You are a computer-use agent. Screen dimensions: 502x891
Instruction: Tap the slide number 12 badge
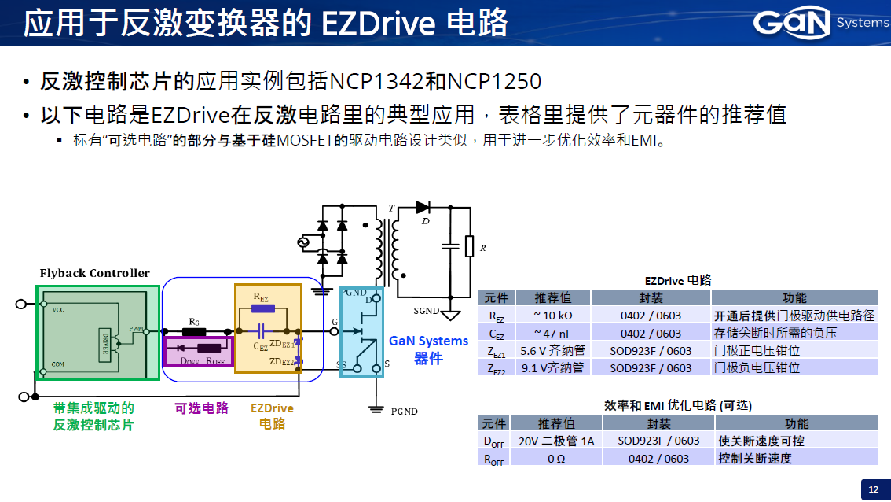click(x=873, y=489)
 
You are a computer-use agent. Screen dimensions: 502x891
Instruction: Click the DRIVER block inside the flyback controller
click(x=105, y=345)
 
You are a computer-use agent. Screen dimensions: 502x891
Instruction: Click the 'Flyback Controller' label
click(x=94, y=273)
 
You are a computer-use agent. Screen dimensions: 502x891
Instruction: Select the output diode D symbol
click(x=423, y=208)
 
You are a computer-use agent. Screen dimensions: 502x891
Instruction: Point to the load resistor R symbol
click(x=469, y=246)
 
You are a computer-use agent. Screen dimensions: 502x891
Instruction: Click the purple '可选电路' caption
click(x=201, y=408)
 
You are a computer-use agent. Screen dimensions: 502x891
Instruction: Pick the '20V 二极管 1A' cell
click(x=556, y=441)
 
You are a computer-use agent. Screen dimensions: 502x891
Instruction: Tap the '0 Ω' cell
click(x=556, y=458)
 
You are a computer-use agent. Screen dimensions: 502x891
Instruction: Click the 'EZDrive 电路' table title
click(x=677, y=279)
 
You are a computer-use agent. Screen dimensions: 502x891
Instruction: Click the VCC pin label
click(x=58, y=310)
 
